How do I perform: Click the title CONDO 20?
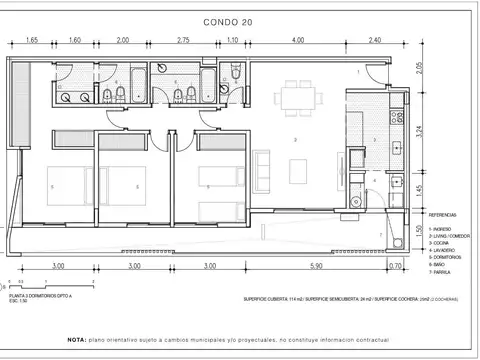click(x=239, y=19)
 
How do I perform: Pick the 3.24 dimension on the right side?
click(x=421, y=129)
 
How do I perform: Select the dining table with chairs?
click(x=297, y=98)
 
